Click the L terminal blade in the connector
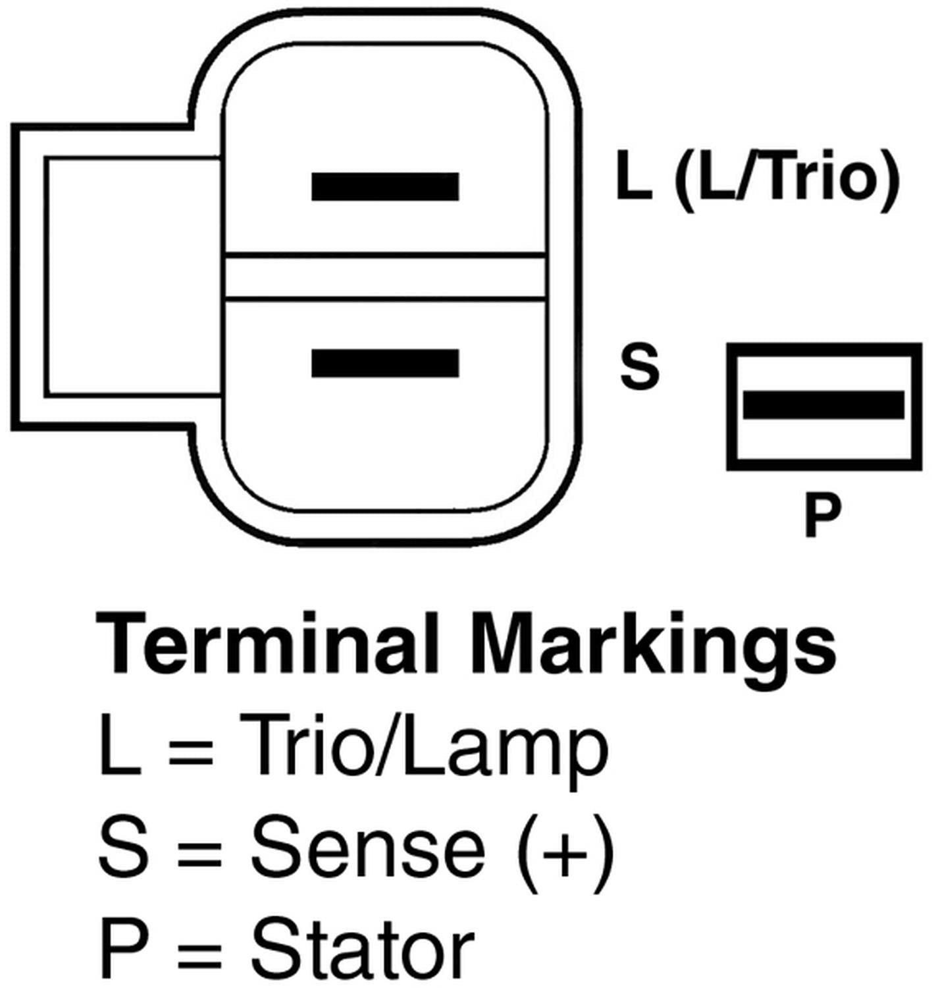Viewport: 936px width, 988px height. point(385,186)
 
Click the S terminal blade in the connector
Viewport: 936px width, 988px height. point(385,363)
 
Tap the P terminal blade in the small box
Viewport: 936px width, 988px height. point(823,405)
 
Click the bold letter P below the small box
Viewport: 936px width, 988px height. point(823,514)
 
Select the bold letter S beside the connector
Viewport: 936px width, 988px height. point(639,367)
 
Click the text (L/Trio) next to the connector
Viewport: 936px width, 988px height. point(787,178)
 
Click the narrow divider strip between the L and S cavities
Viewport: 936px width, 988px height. point(385,277)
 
